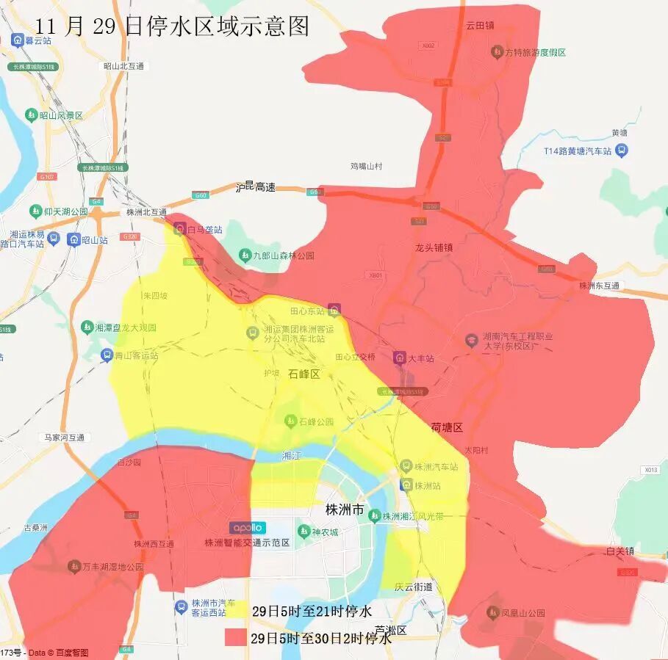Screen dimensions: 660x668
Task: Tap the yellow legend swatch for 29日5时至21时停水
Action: [x=237, y=611]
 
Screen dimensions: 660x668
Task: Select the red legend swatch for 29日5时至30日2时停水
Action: [x=237, y=637]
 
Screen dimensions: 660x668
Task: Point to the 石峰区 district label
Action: [x=304, y=374]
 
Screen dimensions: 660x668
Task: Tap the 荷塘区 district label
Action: [x=447, y=427]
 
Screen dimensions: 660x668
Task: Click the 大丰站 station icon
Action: [x=400, y=358]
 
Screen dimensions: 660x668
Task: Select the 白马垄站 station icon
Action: [x=179, y=229]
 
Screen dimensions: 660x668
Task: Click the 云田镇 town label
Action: [x=480, y=25]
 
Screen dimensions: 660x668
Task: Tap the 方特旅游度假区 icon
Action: [x=497, y=52]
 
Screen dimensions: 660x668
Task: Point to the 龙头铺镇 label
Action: [x=434, y=247]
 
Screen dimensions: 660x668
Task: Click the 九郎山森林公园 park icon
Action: [x=245, y=255]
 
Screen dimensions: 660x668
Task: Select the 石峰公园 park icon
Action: [x=290, y=421]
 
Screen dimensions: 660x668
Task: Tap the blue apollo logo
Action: [x=248, y=528]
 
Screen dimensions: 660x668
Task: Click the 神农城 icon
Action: [x=304, y=531]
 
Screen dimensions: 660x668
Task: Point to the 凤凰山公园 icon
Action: [x=494, y=612]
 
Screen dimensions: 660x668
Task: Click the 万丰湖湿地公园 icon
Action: [x=74, y=566]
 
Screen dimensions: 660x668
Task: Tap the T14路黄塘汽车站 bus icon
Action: [x=622, y=151]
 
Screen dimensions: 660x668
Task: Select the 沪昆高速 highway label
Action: [x=255, y=187]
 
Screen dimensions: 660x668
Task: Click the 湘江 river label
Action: [x=292, y=456]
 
